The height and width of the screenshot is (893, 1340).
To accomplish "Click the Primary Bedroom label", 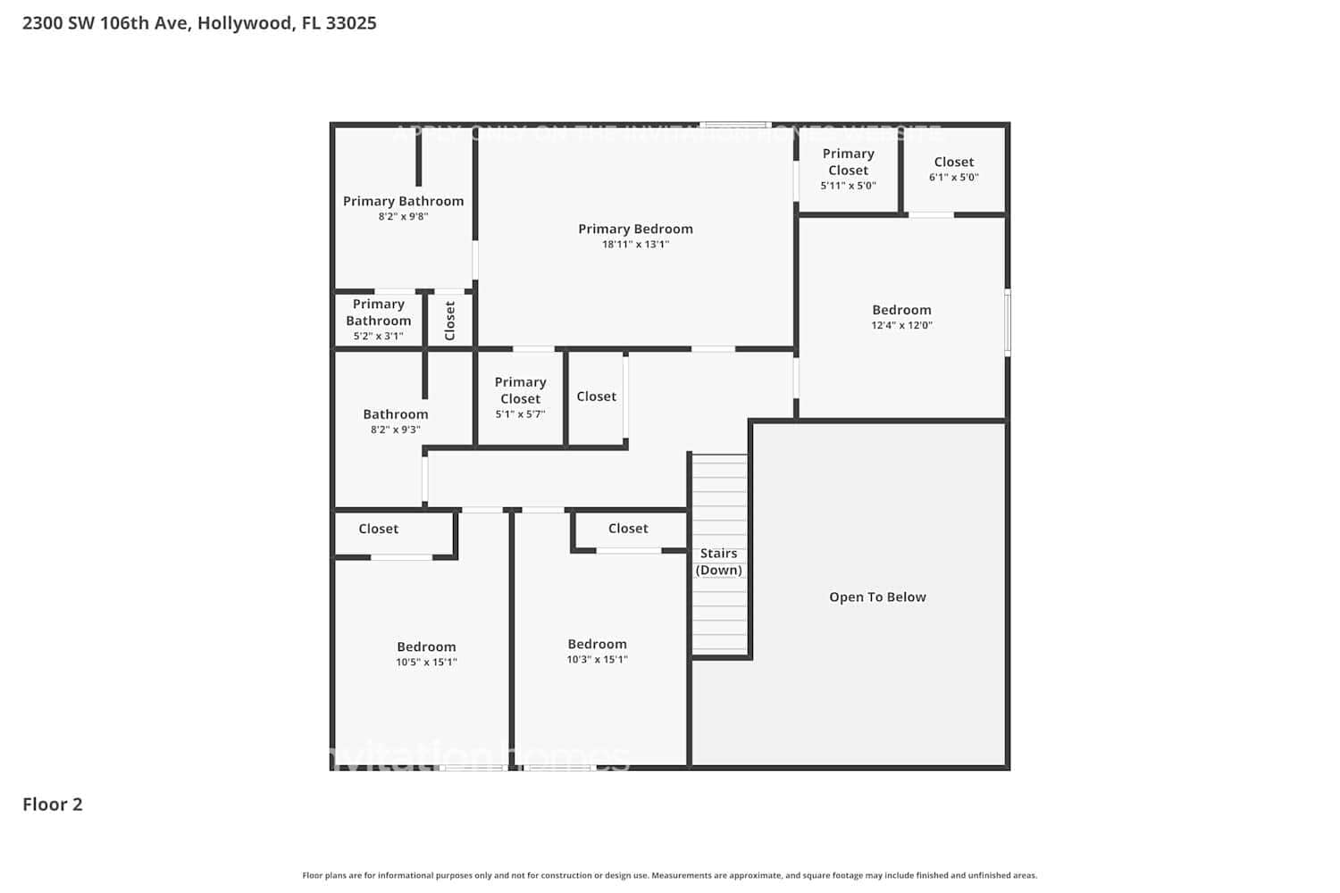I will tap(635, 229).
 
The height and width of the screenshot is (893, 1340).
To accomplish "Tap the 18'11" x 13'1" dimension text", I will tap(635, 245).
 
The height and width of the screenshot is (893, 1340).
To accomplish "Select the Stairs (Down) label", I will tap(719, 562).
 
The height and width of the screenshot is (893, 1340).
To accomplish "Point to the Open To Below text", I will tap(877, 597).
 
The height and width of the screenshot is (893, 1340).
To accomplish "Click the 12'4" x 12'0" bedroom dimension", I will tap(901, 326).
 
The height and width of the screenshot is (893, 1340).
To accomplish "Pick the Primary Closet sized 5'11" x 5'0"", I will tap(848, 169).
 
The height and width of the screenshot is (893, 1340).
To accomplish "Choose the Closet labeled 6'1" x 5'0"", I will tap(953, 168).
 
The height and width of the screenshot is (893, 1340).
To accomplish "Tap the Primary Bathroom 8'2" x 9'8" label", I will tap(403, 207).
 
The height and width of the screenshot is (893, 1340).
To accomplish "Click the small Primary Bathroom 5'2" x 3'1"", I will tap(378, 319).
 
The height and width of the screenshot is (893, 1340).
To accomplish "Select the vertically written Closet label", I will tap(449, 320).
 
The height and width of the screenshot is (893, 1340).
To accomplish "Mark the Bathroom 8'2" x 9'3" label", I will tap(395, 421).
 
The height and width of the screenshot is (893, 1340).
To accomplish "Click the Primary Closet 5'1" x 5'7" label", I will tap(520, 396).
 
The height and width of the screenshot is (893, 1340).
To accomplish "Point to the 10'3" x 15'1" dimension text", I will tap(597, 660).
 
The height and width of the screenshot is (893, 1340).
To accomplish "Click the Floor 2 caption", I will tap(52, 804).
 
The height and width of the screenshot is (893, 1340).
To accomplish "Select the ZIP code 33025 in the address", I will tap(351, 23).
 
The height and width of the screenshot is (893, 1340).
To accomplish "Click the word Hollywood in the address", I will tap(244, 23).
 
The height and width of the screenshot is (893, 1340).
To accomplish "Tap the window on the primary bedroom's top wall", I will tap(734, 124).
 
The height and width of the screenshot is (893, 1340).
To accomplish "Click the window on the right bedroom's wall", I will tap(1008, 322).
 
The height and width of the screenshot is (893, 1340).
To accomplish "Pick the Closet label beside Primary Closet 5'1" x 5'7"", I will tap(596, 396).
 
